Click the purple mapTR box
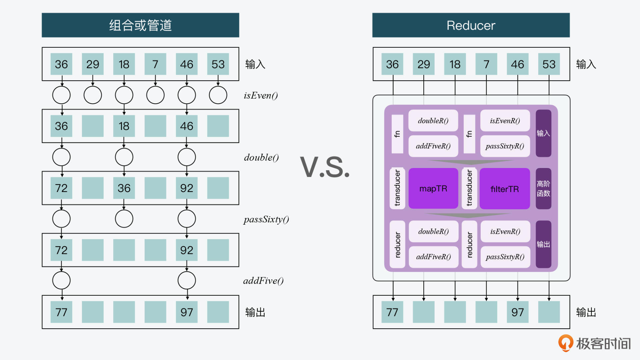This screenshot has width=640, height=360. [x=433, y=189]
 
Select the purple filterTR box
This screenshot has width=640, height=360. [x=504, y=189]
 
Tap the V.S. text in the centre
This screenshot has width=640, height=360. [x=325, y=167]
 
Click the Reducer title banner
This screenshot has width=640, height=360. [x=471, y=25]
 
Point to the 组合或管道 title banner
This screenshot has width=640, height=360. [x=140, y=25]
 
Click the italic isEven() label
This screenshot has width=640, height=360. [x=261, y=96]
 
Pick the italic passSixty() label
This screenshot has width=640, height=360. [x=266, y=219]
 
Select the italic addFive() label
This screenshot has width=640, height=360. [x=263, y=281]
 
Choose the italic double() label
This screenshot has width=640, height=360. [x=261, y=157]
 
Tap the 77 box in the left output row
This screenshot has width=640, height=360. [x=61, y=312]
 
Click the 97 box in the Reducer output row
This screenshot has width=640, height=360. [x=517, y=312]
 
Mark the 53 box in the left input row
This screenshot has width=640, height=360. [x=218, y=64]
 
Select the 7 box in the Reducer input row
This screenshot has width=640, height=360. [x=486, y=64]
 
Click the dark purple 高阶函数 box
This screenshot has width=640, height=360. [x=543, y=189]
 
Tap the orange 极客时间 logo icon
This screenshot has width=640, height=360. [x=566, y=343]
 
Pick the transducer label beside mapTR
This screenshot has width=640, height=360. [x=397, y=188]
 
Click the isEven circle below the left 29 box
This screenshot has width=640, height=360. [x=93, y=95]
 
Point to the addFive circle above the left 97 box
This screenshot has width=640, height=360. [x=187, y=280]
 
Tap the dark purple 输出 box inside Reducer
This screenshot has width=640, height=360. [x=543, y=244]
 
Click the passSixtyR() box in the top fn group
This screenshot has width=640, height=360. [x=505, y=146]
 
